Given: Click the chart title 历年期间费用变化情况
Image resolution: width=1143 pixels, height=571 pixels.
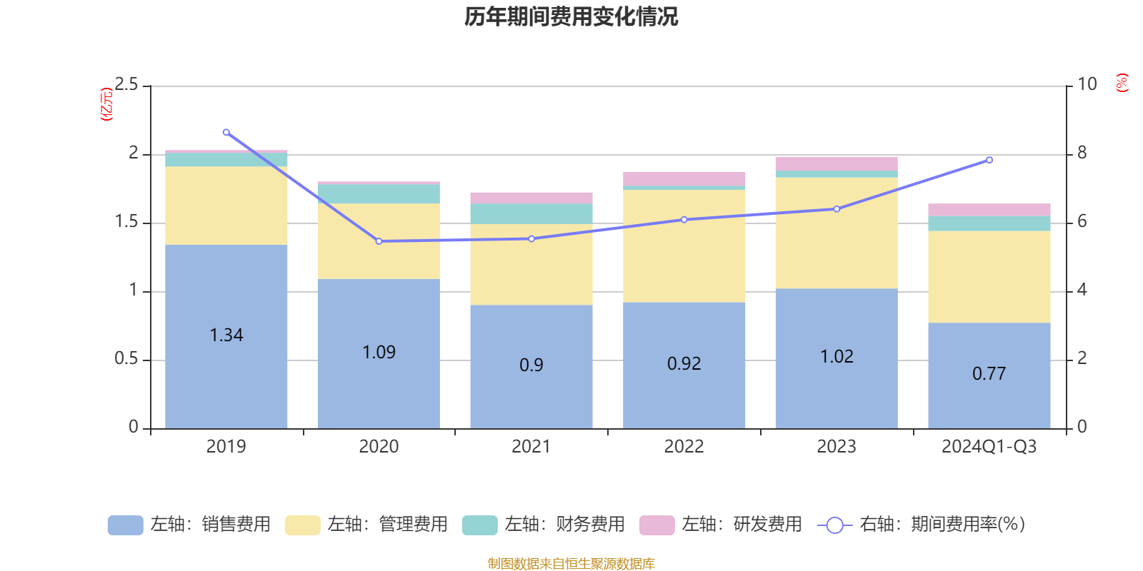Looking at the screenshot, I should (x=571, y=16).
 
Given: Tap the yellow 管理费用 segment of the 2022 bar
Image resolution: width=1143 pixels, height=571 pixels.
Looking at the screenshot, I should (x=684, y=246).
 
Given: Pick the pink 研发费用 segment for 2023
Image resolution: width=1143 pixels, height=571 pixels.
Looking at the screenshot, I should (x=836, y=163).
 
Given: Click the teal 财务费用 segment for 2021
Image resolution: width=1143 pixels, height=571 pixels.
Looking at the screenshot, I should (x=531, y=213).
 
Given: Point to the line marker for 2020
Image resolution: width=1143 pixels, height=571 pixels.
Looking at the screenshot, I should (x=379, y=241).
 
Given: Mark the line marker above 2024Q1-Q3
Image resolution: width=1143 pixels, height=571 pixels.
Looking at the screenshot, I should (x=989, y=160).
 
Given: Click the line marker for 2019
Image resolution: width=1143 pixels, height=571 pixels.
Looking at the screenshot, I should (x=226, y=132).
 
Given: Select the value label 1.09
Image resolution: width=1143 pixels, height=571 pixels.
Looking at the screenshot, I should (x=379, y=353).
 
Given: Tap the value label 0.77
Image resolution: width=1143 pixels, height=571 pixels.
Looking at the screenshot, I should (x=989, y=374).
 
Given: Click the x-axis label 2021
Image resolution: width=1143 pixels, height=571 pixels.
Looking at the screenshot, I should (x=531, y=447).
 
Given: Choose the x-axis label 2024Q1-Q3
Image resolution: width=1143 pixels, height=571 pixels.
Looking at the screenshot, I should (x=989, y=447).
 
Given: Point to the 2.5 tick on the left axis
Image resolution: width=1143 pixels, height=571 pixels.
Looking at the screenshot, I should (x=126, y=85).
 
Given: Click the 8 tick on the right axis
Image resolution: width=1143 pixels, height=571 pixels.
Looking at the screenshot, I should (x=1082, y=153).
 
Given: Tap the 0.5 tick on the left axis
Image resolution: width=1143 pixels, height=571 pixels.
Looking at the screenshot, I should (x=126, y=359).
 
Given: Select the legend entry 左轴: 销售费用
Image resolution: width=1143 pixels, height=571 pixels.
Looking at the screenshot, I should (x=189, y=525).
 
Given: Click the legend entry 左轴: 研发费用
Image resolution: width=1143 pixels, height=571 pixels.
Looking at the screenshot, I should (x=721, y=525).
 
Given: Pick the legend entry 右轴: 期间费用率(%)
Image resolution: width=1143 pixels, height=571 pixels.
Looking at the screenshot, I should (x=922, y=525).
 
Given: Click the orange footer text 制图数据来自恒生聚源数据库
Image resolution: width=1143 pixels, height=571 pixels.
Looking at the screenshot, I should (x=571, y=564).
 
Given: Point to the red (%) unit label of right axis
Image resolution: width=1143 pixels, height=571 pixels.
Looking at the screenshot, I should (x=1122, y=83).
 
